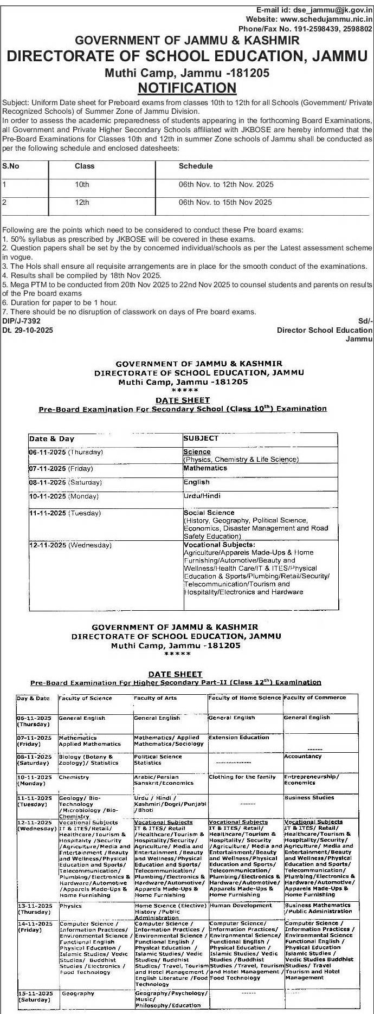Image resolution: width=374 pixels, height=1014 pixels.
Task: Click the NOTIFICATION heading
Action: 187,88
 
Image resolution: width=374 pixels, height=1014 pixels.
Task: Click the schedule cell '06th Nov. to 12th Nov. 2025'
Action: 226,185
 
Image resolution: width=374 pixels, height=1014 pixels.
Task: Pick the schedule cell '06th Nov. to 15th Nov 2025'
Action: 225,203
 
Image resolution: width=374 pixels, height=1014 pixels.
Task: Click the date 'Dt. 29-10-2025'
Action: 28,330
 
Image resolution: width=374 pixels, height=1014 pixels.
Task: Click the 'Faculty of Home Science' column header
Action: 244,698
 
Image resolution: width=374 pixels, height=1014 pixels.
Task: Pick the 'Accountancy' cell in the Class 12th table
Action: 302,757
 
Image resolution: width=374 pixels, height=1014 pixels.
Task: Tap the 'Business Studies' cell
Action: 309,798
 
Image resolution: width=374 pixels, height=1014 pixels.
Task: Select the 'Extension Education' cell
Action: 238,738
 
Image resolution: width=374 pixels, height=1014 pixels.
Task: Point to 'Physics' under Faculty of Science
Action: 70,906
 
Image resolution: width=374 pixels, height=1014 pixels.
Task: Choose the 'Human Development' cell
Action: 241,906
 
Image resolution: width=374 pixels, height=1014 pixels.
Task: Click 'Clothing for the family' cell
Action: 242,777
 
